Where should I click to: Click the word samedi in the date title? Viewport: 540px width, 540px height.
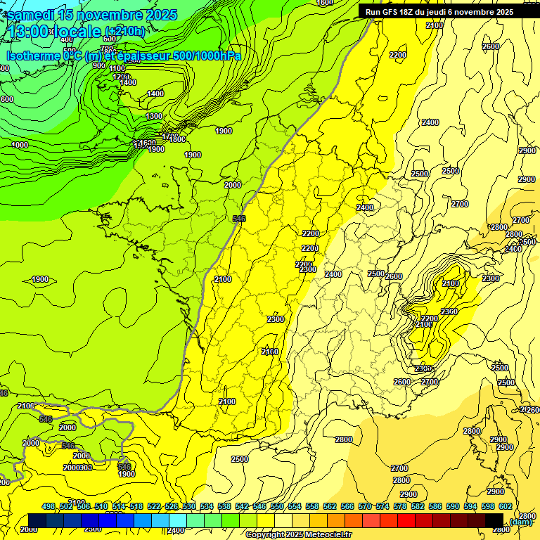pyautogui.click(x=32, y=15)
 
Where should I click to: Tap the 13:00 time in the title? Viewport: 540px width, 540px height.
pyautogui.click(x=29, y=32)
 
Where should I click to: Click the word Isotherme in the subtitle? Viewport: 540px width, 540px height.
pyautogui.click(x=32, y=56)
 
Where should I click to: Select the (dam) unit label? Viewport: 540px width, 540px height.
pyautogui.click(x=520, y=521)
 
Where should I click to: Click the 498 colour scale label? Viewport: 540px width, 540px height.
pyautogui.click(x=49, y=506)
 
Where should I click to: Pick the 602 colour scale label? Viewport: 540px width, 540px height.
pyautogui.click(x=506, y=506)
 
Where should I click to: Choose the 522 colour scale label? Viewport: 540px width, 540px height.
pyautogui.click(x=154, y=506)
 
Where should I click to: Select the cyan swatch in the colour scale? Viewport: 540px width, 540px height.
pyautogui.click(x=178, y=520)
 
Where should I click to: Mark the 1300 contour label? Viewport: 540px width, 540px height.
pyautogui.click(x=154, y=116)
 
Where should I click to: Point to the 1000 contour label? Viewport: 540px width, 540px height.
pyautogui.click(x=20, y=145)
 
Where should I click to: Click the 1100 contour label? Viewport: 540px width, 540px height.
pyautogui.click(x=117, y=68)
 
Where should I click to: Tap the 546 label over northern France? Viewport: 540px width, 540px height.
pyautogui.click(x=239, y=219)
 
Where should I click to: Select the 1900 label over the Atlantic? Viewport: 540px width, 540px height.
pyautogui.click(x=41, y=279)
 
